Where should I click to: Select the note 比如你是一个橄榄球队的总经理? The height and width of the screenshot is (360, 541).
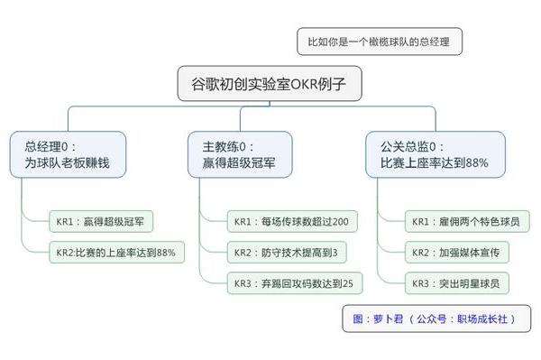tap(379, 41)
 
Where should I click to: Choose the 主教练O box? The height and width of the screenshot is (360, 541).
tap(239, 154)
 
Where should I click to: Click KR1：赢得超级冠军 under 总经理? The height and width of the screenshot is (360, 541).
tap(102, 219)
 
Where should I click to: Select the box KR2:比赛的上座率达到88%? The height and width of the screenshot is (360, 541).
tap(116, 250)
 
